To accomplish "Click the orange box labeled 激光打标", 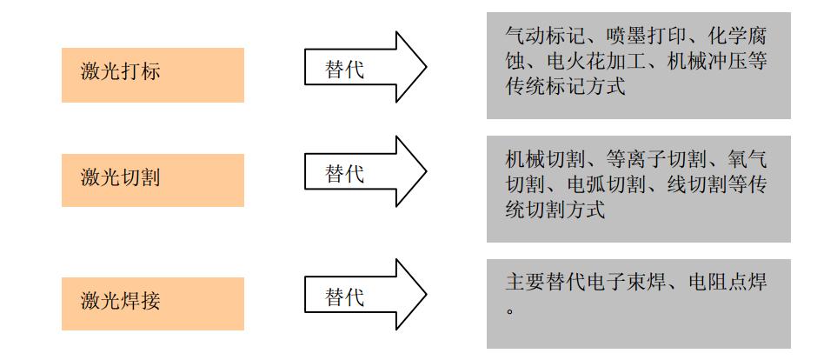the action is [x=153, y=75].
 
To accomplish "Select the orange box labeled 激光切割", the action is [x=153, y=180].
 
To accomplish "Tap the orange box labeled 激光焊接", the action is [x=153, y=303].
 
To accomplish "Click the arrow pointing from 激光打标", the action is [x=366, y=67].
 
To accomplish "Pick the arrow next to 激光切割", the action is [x=366, y=171].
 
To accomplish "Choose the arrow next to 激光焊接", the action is [x=366, y=294].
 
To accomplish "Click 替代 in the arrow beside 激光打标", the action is [x=344, y=70].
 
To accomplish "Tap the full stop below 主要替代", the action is [x=510, y=310].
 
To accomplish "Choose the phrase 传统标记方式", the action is [x=565, y=87].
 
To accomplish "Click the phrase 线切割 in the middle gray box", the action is [x=696, y=184].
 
